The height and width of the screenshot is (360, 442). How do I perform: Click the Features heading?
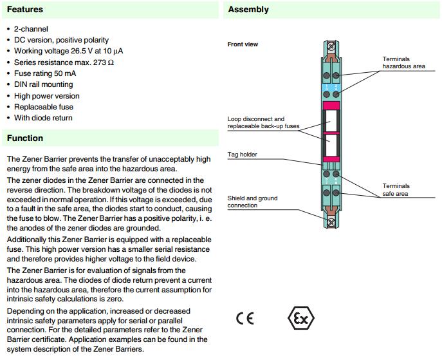pos(25,10)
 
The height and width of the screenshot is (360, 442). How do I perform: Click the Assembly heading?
pos(248,10)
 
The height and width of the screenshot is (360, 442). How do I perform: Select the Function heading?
pos(25,138)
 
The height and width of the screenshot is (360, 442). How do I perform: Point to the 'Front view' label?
pos(243,44)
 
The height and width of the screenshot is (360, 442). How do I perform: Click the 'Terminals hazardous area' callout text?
pos(403,62)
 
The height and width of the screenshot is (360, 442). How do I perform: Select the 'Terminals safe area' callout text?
pos(396,189)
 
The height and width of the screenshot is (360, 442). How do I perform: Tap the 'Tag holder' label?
pos(243,155)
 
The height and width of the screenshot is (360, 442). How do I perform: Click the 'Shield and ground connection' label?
pos(252,202)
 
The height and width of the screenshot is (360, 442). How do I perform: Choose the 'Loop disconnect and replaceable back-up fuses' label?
pos(264,122)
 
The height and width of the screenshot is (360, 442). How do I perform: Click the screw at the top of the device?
pos(331,46)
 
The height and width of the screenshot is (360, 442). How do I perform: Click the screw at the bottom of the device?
pos(331,222)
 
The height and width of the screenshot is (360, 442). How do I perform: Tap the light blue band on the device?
pos(331,87)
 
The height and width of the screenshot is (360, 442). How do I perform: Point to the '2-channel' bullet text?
pos(31,29)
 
